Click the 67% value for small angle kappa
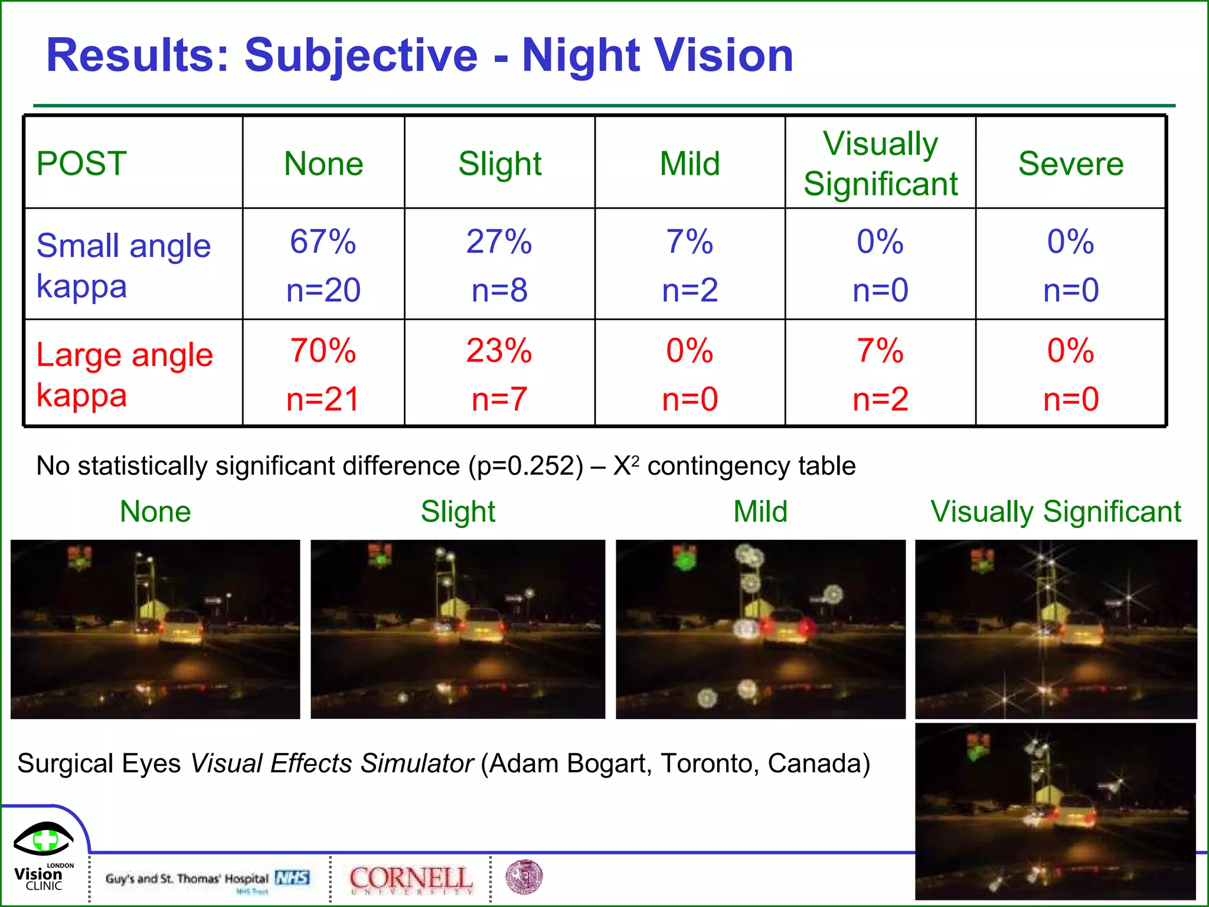[x=323, y=242]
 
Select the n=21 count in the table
[x=323, y=399]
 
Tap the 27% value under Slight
[x=499, y=242]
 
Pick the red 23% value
[x=499, y=351]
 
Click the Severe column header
[x=1070, y=164]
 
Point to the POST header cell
[x=81, y=164]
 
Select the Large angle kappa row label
[x=124, y=375]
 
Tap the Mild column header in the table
[x=690, y=164]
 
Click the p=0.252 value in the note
[x=526, y=466]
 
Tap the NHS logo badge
[x=292, y=878]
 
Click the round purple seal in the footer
[x=524, y=877]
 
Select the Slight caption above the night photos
[x=458, y=511]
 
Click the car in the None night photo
[x=180, y=628]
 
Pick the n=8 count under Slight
[x=499, y=291]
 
